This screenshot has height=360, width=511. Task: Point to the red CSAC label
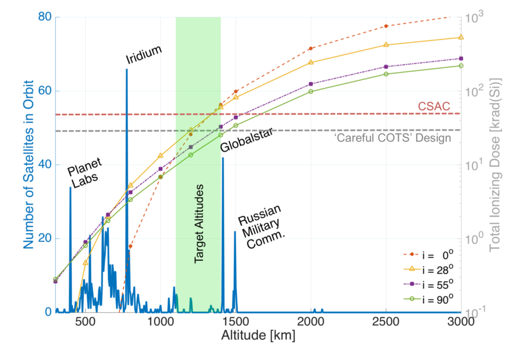coord(434,106)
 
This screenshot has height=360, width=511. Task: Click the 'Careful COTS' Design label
coord(392,138)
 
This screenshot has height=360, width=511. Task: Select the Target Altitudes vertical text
coord(199,224)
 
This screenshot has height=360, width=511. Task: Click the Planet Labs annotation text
coord(84,173)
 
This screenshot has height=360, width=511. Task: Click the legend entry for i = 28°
coord(428,270)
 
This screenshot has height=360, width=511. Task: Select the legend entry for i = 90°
coord(428,299)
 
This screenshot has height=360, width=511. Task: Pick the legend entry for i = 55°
coord(428,285)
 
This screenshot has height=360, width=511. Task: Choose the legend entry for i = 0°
coord(428,255)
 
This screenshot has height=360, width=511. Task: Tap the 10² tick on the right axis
coord(474,91)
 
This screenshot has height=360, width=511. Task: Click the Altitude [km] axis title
coord(258,335)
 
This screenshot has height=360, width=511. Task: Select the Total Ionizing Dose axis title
coord(494,164)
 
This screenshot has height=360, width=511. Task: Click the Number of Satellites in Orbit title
coord(28,164)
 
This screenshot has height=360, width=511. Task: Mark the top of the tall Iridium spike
coord(126,70)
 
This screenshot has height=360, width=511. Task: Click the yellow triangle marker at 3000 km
coord(461,37)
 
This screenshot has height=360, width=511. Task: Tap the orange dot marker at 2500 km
coord(386,26)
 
